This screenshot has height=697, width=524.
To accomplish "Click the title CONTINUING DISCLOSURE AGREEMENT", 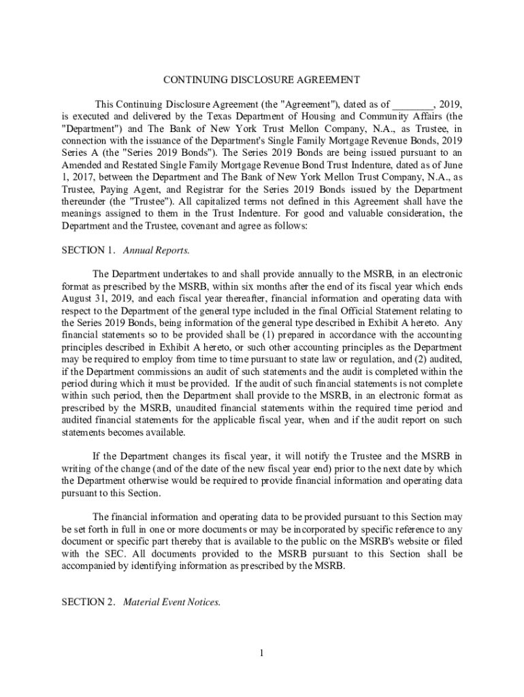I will pyautogui.click(x=261, y=80).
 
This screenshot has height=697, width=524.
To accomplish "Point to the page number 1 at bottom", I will pyautogui.click(x=261, y=654).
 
